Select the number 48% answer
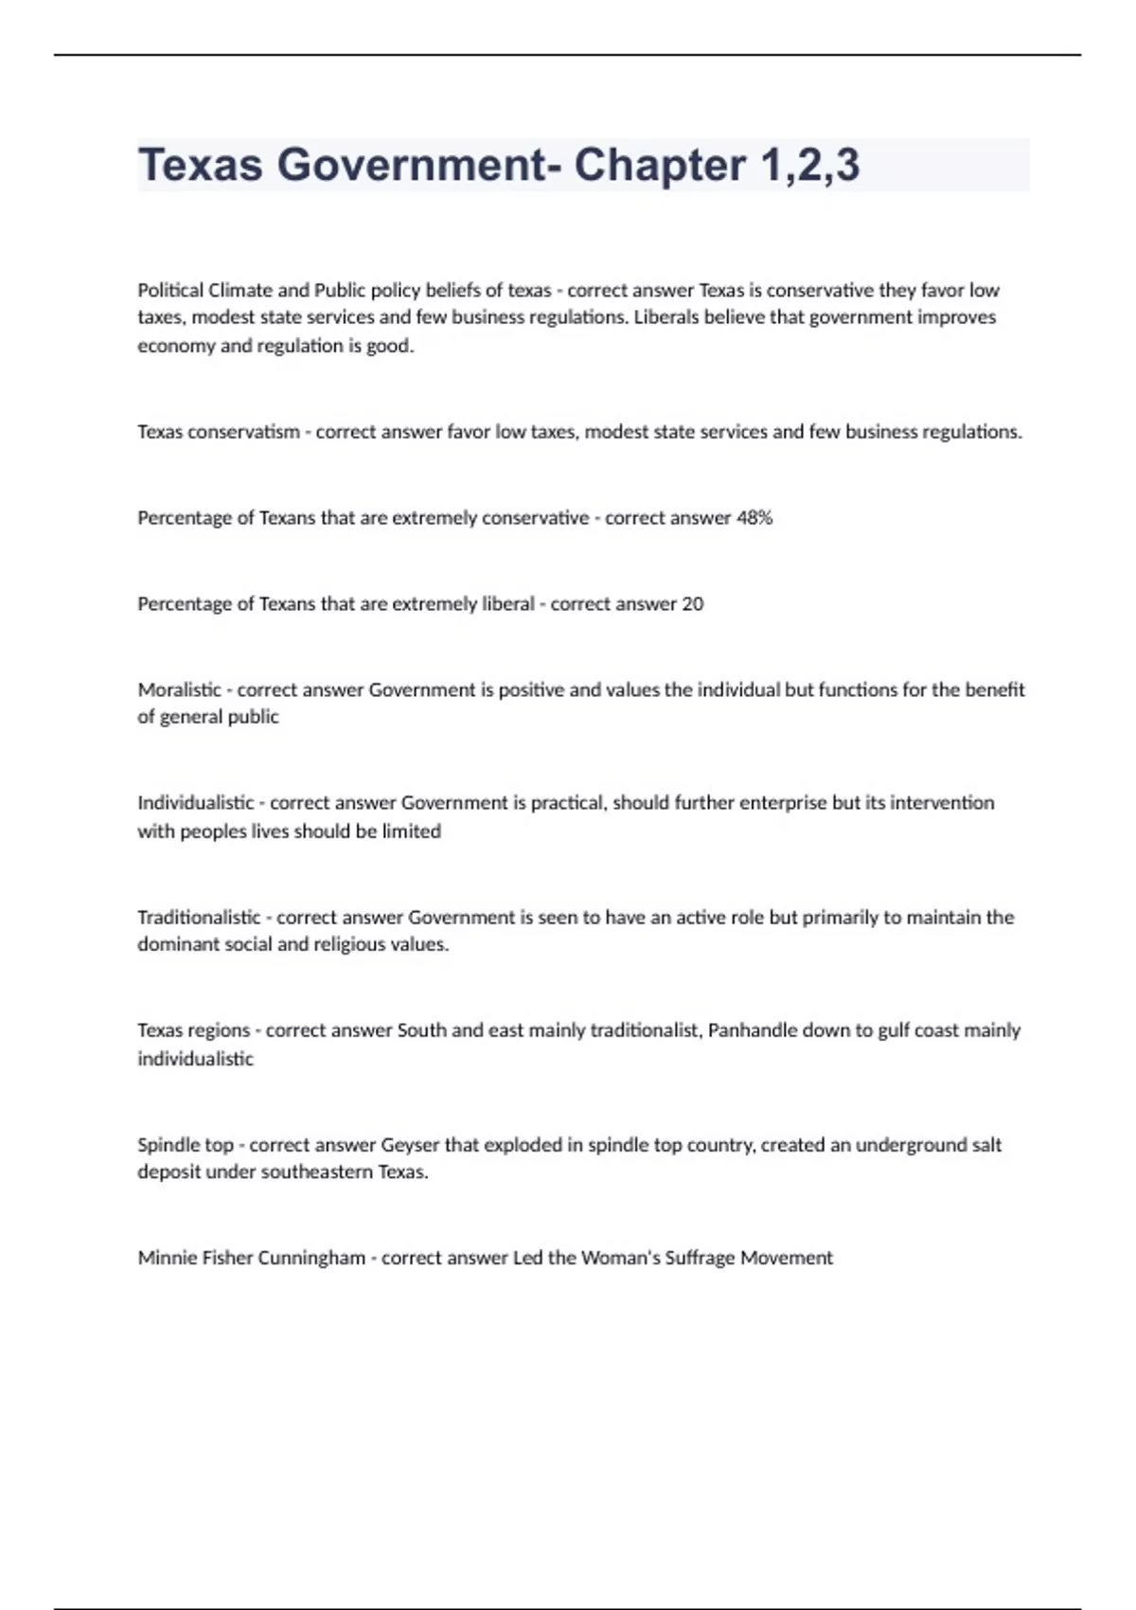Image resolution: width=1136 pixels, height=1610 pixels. point(754,518)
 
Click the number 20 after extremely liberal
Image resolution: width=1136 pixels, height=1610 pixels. point(692,604)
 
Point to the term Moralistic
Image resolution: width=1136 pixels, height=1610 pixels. point(179,689)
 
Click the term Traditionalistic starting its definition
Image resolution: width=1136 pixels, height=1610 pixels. point(199,917)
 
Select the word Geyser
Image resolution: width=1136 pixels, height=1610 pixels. point(410,1145)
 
